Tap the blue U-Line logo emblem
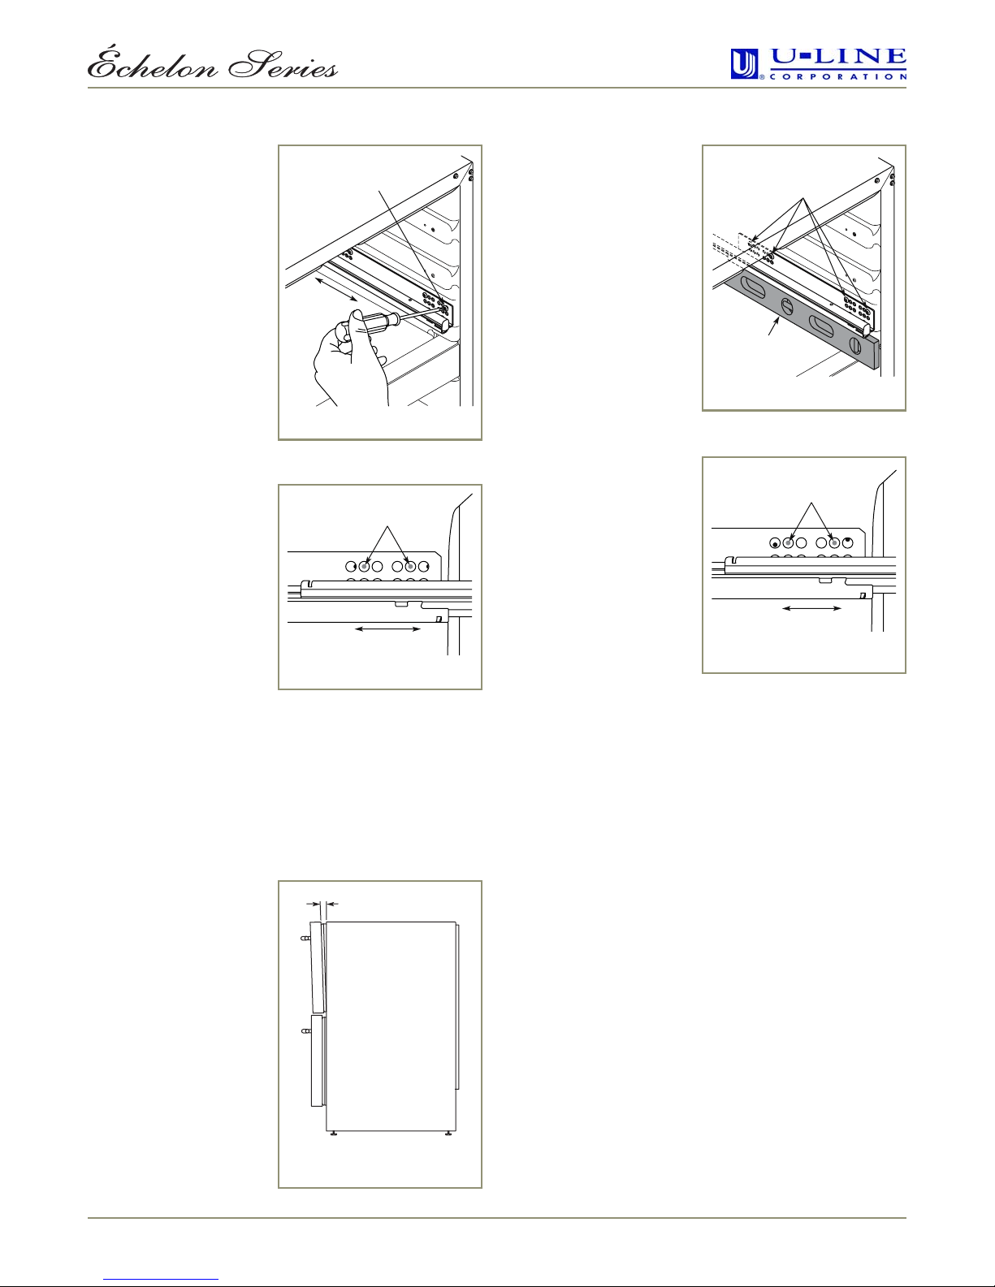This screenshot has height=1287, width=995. [745, 64]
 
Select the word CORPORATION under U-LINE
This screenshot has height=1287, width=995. [837, 76]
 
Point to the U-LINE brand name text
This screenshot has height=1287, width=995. [837, 58]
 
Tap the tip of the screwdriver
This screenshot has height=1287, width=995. [445, 307]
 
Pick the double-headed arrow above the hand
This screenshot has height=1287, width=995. [336, 289]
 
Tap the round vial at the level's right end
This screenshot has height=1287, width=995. [855, 345]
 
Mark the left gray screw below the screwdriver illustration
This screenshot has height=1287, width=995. [364, 567]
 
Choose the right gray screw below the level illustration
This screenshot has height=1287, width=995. [834, 542]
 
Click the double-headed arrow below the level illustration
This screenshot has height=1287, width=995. [812, 608]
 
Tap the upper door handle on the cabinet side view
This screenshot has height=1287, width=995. [305, 939]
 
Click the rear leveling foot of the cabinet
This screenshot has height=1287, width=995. [448, 1133]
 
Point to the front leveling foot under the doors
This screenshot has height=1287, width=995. [334, 1133]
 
